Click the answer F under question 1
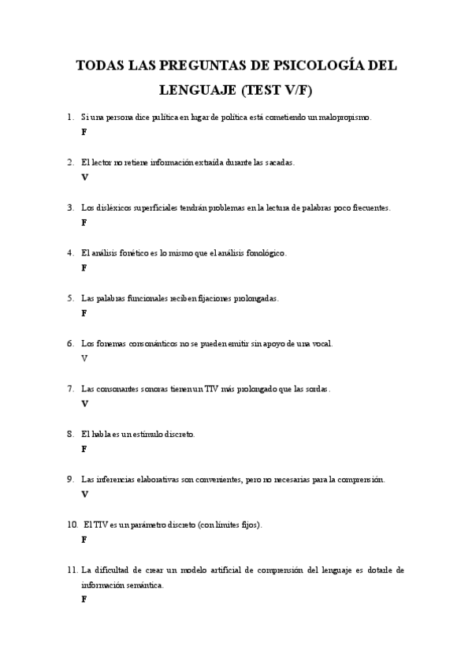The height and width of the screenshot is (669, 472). (84, 132)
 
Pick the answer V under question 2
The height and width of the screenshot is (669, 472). (84, 178)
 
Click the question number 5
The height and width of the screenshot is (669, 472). (71, 298)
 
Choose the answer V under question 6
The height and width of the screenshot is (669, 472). (84, 358)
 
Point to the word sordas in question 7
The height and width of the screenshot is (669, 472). (316, 389)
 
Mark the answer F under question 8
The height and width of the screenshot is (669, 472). (84, 449)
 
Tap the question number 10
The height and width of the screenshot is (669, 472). (72, 525)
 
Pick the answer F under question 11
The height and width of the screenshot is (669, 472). (84, 600)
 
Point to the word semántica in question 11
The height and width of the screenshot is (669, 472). (144, 585)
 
